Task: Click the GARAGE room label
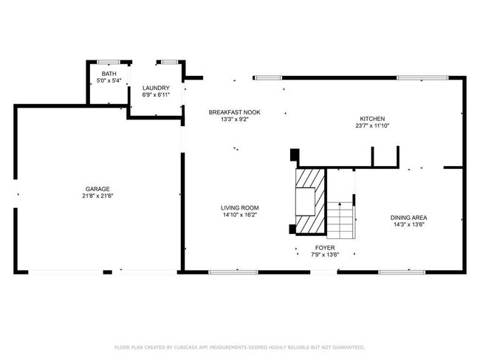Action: coord(97,189)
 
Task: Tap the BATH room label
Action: coord(109,74)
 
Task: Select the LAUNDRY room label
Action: coord(156,88)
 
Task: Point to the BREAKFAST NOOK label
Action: coord(235,112)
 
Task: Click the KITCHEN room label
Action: coord(372,119)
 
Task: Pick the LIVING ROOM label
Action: coord(240,208)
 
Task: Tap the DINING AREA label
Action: coord(408,218)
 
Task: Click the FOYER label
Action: coord(325,248)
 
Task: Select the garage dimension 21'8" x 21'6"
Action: coord(97,196)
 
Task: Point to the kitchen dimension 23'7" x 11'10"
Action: coord(372,125)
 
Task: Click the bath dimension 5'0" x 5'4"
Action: coord(109,80)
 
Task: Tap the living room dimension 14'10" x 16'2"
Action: coord(240,215)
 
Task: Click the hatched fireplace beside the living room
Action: coord(310,202)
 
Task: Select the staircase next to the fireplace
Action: coord(341,221)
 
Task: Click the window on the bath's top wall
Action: coord(109,62)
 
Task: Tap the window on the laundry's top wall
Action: coord(170,62)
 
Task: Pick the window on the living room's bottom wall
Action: coord(233,272)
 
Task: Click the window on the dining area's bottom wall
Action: coord(402,272)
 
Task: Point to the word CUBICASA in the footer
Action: coord(186,347)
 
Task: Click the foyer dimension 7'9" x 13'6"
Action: coord(325,255)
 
